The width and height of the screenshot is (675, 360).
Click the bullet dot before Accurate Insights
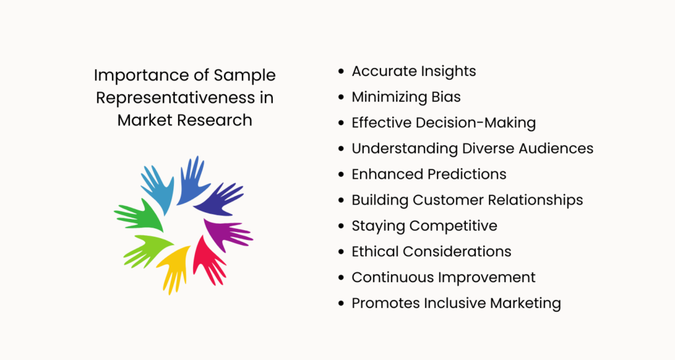341,72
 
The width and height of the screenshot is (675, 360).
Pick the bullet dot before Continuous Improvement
341,278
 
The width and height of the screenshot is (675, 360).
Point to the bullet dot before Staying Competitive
341,226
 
